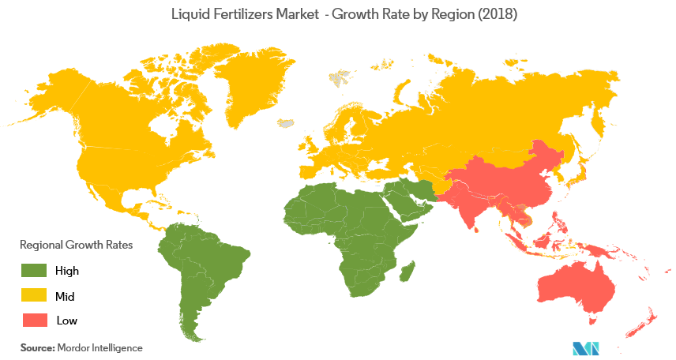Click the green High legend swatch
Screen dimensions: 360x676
34,271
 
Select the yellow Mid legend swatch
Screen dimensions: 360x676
34,295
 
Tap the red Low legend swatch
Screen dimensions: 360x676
34,320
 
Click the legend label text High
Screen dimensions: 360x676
67,271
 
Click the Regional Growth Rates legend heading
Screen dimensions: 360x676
76,245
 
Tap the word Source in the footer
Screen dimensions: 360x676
36,347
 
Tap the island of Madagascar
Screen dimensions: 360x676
407,272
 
